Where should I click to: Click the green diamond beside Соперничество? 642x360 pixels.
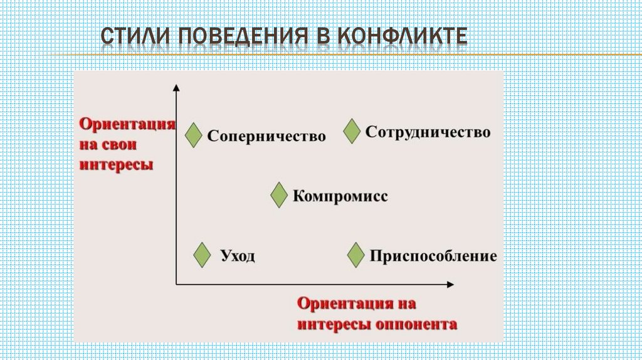[194, 135]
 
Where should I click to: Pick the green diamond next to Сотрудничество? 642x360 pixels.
[352, 132]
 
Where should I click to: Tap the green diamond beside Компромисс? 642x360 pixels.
[280, 196]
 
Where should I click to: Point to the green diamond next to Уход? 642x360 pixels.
[202, 256]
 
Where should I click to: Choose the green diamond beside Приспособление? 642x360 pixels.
[356, 255]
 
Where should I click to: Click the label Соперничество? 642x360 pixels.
[266, 136]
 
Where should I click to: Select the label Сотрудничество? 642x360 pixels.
[428, 132]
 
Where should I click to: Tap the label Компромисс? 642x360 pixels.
[340, 196]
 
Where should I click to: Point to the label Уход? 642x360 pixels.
[238, 257]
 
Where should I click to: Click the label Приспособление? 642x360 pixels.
[433, 257]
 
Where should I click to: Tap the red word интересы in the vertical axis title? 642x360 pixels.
[116, 166]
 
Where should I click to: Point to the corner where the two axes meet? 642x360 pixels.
[177, 284]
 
